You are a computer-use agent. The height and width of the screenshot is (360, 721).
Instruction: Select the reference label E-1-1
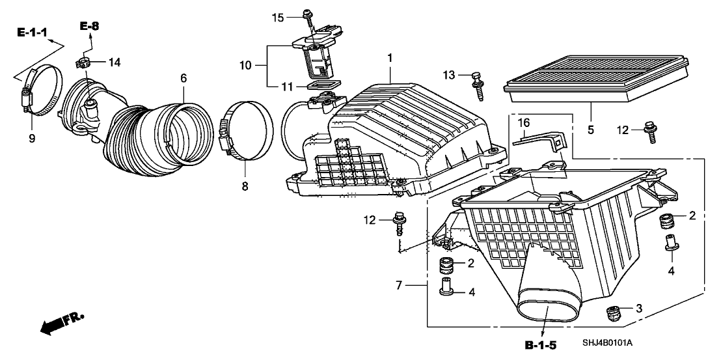31,31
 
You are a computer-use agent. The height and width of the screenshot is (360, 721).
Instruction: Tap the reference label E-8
90,25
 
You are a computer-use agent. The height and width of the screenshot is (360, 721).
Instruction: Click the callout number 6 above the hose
184,78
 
